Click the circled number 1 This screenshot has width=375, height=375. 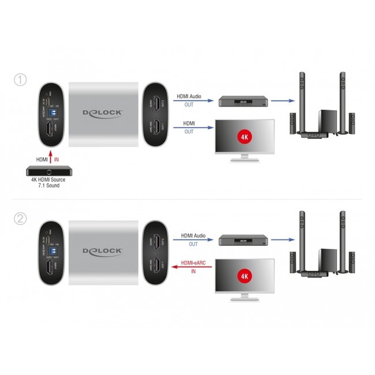point(21,80)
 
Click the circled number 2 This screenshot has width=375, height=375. point(21,219)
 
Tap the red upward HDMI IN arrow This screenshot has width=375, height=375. point(51,157)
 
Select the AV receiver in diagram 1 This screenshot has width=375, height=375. point(241,102)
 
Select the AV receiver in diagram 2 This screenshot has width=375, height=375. point(241,241)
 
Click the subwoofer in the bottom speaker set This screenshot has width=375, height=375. point(328,257)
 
